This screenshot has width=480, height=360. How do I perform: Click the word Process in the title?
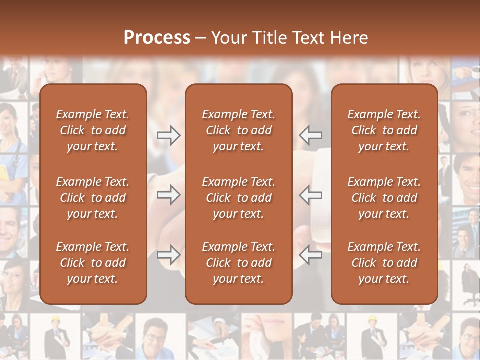pyautogui.click(x=157, y=38)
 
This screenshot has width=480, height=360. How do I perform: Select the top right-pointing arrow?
pyautogui.click(x=168, y=135)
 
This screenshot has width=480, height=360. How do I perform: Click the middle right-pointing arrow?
pyautogui.click(x=168, y=195)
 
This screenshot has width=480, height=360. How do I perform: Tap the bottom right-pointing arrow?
pyautogui.click(x=168, y=255)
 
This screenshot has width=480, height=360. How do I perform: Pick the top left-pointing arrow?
pyautogui.click(x=311, y=135)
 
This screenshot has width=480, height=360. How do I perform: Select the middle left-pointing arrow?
pyautogui.click(x=311, y=195)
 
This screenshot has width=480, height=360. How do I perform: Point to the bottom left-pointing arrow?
pyautogui.click(x=311, y=255)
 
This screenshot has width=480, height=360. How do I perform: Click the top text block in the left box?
pyautogui.click(x=93, y=130)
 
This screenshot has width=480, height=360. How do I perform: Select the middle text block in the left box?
pyautogui.click(x=93, y=198)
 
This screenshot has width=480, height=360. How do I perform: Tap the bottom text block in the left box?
pyautogui.click(x=93, y=263)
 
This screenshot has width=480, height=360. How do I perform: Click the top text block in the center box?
pyautogui.click(x=238, y=130)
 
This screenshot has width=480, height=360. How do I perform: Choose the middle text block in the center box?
pyautogui.click(x=238, y=198)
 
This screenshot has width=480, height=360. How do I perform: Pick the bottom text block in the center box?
pyautogui.click(x=238, y=263)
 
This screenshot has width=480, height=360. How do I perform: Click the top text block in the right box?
pyautogui.click(x=384, y=130)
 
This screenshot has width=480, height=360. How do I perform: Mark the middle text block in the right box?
pyautogui.click(x=384, y=198)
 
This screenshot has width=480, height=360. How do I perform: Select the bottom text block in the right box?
pyautogui.click(x=384, y=263)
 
